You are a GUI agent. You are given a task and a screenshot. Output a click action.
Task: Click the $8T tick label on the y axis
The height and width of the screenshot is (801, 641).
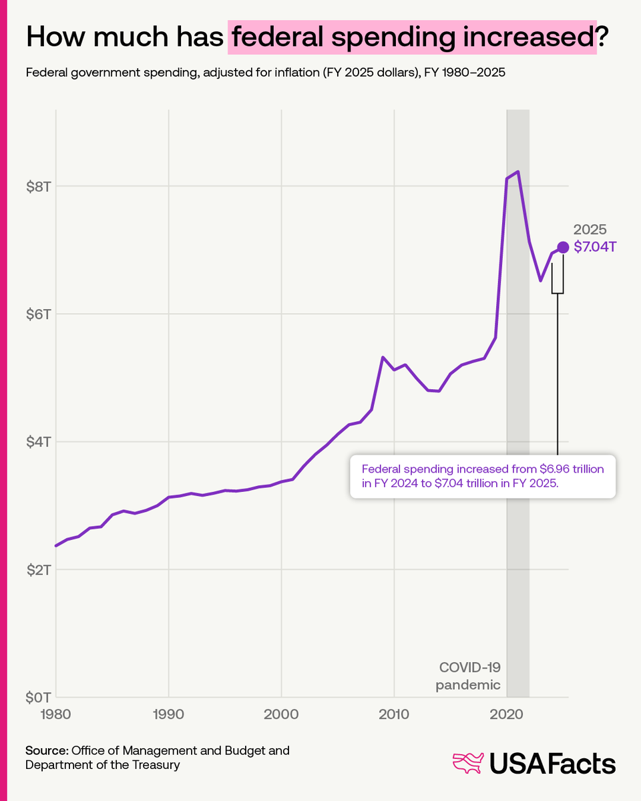pyautogui.click(x=38, y=186)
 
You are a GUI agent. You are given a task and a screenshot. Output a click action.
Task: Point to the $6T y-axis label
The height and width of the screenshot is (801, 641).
pyautogui.click(x=38, y=314)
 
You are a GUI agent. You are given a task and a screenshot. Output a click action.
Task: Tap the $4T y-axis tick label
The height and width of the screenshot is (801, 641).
pyautogui.click(x=38, y=442)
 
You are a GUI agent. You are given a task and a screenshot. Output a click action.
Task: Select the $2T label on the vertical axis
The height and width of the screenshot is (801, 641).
pyautogui.click(x=38, y=569)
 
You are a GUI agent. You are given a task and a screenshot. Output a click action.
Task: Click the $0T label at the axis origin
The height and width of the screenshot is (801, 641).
pyautogui.click(x=38, y=698)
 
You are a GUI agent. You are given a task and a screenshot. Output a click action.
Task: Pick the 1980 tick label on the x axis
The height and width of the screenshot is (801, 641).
pyautogui.click(x=55, y=714)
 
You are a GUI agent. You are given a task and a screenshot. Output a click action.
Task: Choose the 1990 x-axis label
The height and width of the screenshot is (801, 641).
pyautogui.click(x=168, y=714)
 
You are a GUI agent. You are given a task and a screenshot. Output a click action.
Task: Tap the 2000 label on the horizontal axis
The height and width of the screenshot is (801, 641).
pyautogui.click(x=281, y=714)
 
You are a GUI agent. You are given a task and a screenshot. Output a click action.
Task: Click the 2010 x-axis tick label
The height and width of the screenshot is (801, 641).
pyautogui.click(x=394, y=714)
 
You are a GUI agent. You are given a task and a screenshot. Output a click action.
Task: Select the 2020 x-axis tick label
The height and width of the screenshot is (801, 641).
pyautogui.click(x=507, y=714)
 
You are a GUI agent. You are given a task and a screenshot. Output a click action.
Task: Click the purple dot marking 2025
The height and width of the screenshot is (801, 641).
pyautogui.click(x=563, y=247)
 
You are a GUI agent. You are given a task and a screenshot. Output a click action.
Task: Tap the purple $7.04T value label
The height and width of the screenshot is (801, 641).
pyautogui.click(x=595, y=247)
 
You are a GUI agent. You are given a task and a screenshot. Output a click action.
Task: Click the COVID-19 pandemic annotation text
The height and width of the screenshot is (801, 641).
pyautogui.click(x=468, y=676)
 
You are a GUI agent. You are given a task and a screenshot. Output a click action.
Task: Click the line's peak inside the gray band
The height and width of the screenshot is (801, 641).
pyautogui.click(x=517, y=172)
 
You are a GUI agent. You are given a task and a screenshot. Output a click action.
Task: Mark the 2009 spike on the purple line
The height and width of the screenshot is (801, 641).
pyautogui.click(x=383, y=357)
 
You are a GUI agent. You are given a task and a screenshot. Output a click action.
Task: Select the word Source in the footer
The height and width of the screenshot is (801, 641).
pyautogui.click(x=47, y=750)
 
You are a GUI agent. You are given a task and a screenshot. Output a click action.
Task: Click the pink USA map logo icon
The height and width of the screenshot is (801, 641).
pyautogui.click(x=468, y=763)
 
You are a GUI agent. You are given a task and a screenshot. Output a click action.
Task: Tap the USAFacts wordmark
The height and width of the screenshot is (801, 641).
pyautogui.click(x=552, y=764)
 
